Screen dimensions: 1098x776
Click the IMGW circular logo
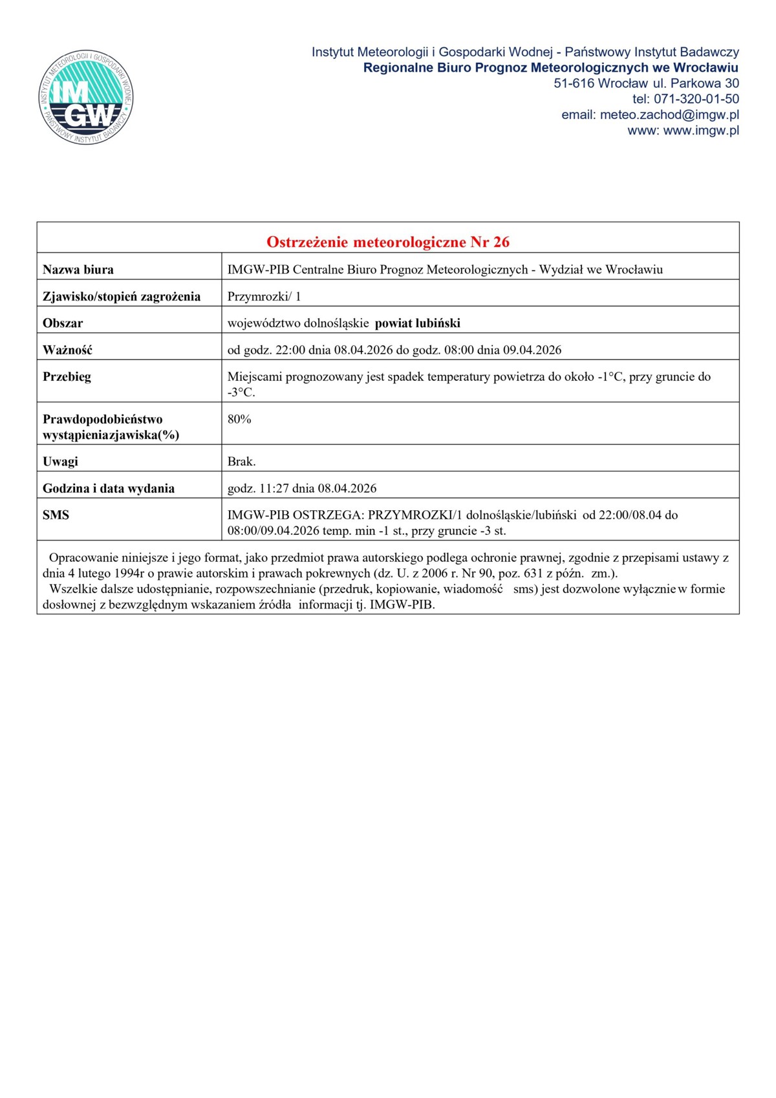(86, 98)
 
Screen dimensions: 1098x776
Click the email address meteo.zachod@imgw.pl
(669, 115)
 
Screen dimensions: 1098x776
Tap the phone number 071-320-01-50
(696, 99)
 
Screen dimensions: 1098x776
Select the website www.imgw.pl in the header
(701, 131)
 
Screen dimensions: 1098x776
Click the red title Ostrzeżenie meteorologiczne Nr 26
(388, 242)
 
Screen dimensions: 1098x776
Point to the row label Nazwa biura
(78, 270)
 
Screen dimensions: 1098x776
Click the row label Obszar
(63, 323)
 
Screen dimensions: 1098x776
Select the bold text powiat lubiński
(418, 323)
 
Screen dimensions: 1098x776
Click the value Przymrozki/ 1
(264, 297)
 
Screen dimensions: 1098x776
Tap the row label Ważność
(67, 350)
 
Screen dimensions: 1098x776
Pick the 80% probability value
(239, 419)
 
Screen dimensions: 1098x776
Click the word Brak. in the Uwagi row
(242, 462)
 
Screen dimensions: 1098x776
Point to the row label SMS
(56, 515)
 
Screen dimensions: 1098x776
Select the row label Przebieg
(67, 377)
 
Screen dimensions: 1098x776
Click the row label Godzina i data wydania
(109, 488)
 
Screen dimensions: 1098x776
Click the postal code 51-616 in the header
(574, 83)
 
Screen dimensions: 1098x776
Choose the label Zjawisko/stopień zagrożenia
(122, 297)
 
